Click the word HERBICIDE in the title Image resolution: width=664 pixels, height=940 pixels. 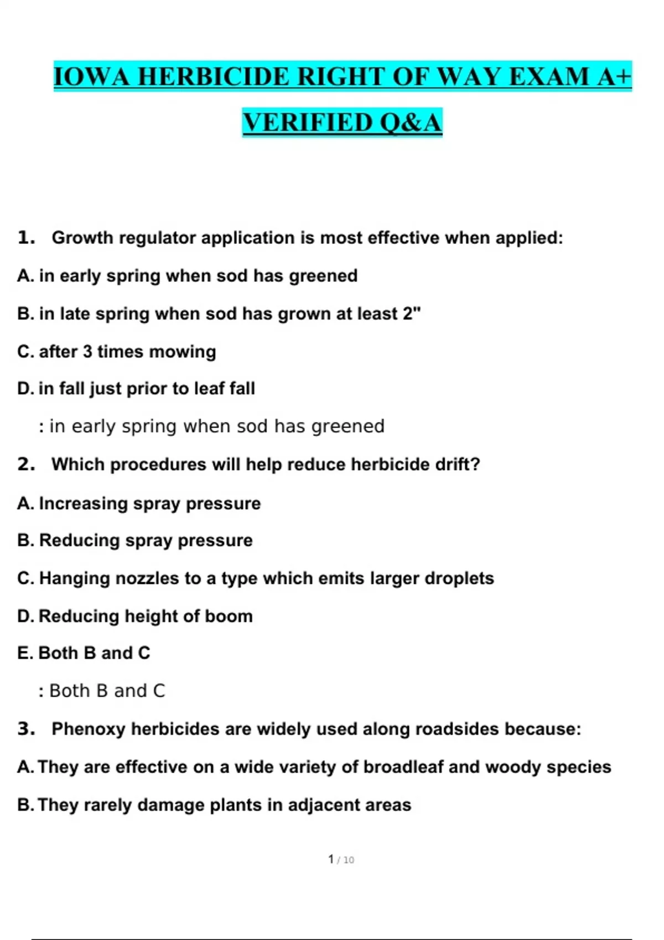tap(213, 76)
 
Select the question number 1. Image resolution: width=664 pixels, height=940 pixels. tap(25, 238)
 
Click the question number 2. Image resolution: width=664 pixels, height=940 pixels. tap(25, 464)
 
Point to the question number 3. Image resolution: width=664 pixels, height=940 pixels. tap(25, 729)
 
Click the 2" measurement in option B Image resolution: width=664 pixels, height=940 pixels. tap(412, 314)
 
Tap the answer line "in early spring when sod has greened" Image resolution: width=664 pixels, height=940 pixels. tap(211, 426)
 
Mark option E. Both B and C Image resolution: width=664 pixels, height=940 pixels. tap(84, 653)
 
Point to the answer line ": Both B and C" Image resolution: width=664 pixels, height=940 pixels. tap(102, 691)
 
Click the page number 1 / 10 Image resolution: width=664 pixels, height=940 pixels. tap(341, 859)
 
